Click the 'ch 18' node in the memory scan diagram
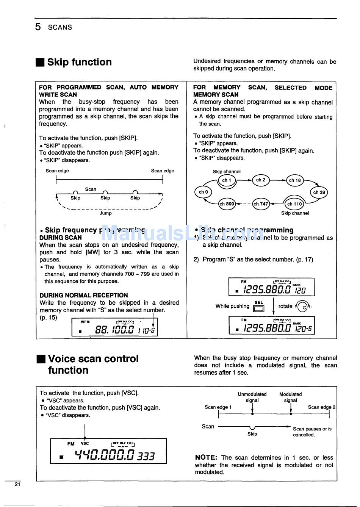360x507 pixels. (x=295, y=180)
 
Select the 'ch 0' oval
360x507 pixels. (x=203, y=192)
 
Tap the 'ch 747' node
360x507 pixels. (x=261, y=204)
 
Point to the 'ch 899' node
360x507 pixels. (x=227, y=204)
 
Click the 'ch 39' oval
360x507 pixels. (x=319, y=192)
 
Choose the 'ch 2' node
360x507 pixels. (x=261, y=180)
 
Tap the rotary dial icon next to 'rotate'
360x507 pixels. (x=303, y=306)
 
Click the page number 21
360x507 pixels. (x=17, y=484)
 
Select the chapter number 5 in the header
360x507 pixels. (x=38, y=27)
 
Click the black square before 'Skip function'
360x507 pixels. (x=40, y=62)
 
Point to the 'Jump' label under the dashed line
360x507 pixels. (x=105, y=213)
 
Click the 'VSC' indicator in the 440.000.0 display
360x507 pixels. (x=85, y=443)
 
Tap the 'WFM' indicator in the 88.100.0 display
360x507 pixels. (x=85, y=322)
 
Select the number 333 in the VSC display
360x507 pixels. (x=146, y=456)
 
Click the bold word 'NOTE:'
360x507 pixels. (x=206, y=457)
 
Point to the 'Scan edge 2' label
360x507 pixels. (x=321, y=407)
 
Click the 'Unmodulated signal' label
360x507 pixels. (x=252, y=397)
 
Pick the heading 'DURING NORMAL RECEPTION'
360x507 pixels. (x=83, y=295)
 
